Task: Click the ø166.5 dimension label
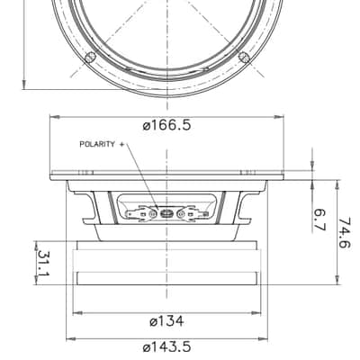(166, 125)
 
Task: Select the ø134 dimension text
(166, 321)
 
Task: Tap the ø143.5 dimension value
(166, 347)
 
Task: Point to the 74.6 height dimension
(344, 233)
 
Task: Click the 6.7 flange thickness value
(319, 220)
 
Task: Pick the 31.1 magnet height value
(44, 263)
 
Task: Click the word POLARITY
(97, 144)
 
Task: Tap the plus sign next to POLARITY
(121, 144)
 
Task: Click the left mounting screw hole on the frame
(90, 57)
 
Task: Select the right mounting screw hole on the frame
(244, 57)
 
